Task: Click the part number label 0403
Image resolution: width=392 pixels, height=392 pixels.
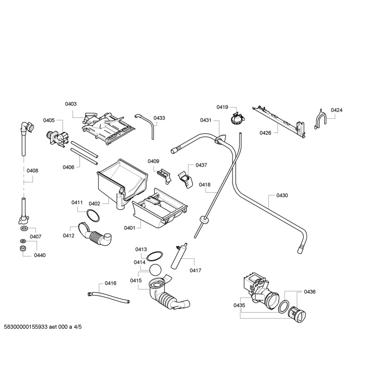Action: [x=70, y=104]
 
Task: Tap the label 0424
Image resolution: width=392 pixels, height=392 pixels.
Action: [x=336, y=110]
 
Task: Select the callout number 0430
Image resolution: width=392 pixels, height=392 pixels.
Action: [x=282, y=195]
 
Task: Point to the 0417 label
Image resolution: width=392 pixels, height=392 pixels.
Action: [x=195, y=270]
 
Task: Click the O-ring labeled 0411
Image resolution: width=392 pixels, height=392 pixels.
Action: [x=93, y=216]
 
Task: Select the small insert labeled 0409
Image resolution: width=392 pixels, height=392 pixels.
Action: [x=163, y=174]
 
